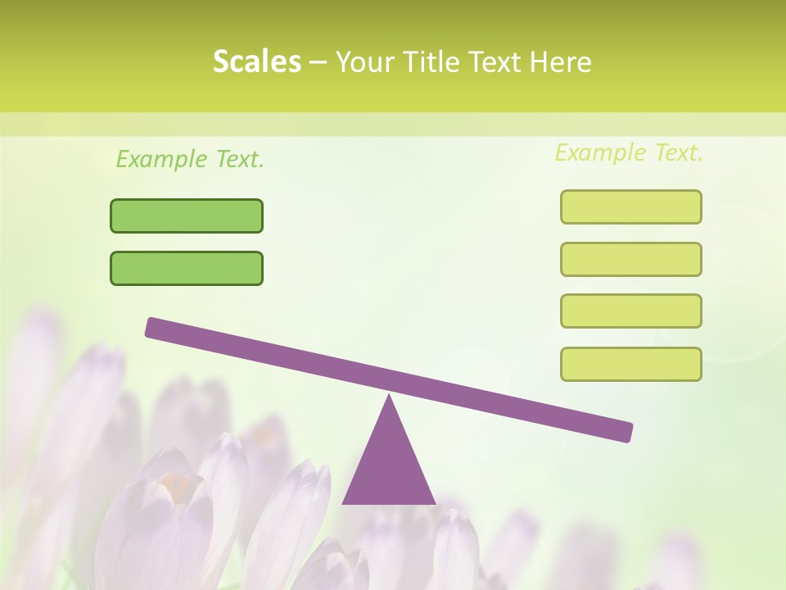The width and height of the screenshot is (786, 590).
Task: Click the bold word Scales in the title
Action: tap(256, 61)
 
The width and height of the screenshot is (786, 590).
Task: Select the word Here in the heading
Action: tap(561, 61)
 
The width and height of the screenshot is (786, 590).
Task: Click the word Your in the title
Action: tap(365, 61)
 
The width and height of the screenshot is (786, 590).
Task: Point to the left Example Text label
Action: tap(190, 159)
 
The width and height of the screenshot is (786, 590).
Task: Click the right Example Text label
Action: tap(629, 152)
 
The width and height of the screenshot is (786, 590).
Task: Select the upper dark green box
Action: tap(187, 216)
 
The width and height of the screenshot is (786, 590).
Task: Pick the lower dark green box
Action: tap(187, 268)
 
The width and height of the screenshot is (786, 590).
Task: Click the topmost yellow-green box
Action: tap(630, 206)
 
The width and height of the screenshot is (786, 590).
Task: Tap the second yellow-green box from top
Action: tap(630, 259)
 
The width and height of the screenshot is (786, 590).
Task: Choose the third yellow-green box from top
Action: tap(630, 311)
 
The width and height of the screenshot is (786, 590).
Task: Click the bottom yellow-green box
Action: tap(630, 364)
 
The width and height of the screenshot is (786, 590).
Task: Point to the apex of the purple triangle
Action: tap(389, 397)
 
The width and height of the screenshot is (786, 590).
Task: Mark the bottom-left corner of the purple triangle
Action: tap(344, 502)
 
